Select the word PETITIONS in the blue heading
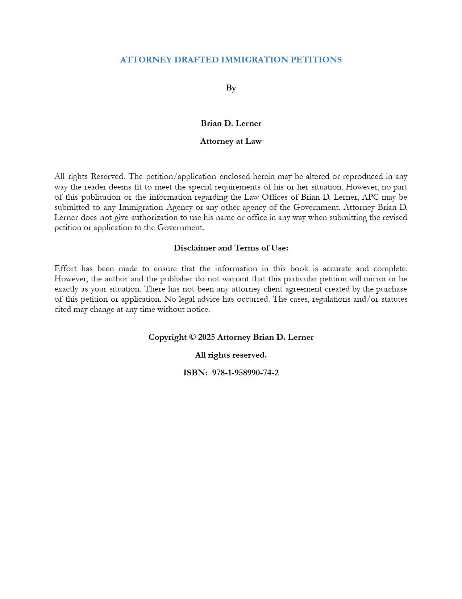pos(316,60)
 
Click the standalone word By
pos(231,88)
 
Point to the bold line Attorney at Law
pos(231,141)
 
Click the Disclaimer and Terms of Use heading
pos(231,248)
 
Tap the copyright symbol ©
pos(192,337)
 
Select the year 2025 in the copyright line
pos(207,337)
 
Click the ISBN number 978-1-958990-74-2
pos(245,373)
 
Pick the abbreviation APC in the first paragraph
pos(370,197)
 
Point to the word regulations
pos(331,299)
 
